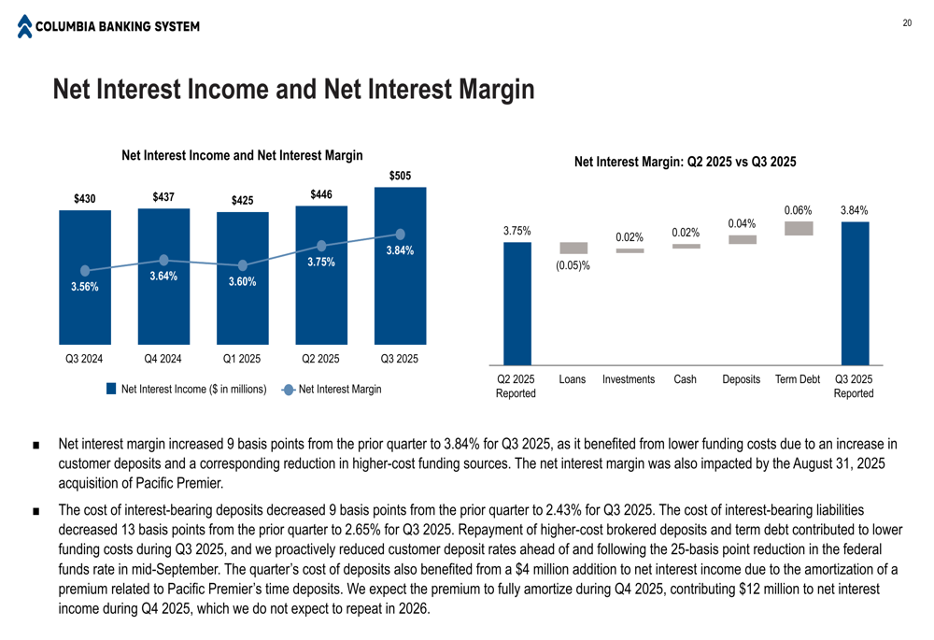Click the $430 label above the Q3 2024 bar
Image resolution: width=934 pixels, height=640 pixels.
click(x=85, y=198)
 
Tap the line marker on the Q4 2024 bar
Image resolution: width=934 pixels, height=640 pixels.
click(x=163, y=261)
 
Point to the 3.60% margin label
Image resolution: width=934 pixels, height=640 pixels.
click(x=242, y=282)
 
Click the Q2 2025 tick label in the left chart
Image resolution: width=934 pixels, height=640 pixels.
click(x=320, y=359)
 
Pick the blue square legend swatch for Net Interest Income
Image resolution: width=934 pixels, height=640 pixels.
click(x=110, y=389)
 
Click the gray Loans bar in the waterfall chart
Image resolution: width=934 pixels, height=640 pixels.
click(x=573, y=249)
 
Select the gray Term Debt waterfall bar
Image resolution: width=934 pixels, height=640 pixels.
click(x=799, y=228)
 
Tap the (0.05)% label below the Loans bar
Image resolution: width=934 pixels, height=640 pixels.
click(x=574, y=266)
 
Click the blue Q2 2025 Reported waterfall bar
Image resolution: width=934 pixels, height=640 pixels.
click(x=517, y=304)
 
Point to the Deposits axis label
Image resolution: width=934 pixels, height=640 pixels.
click(x=742, y=380)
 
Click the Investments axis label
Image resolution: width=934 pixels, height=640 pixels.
click(x=629, y=380)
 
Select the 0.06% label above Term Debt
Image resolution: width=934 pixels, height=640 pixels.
click(x=798, y=210)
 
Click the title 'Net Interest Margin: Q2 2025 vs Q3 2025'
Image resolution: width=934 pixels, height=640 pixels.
click(x=685, y=163)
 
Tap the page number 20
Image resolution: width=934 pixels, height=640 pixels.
click(x=906, y=23)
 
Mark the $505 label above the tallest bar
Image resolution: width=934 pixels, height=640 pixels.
click(x=400, y=177)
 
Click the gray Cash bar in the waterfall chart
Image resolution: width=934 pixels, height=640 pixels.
click(x=686, y=247)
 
